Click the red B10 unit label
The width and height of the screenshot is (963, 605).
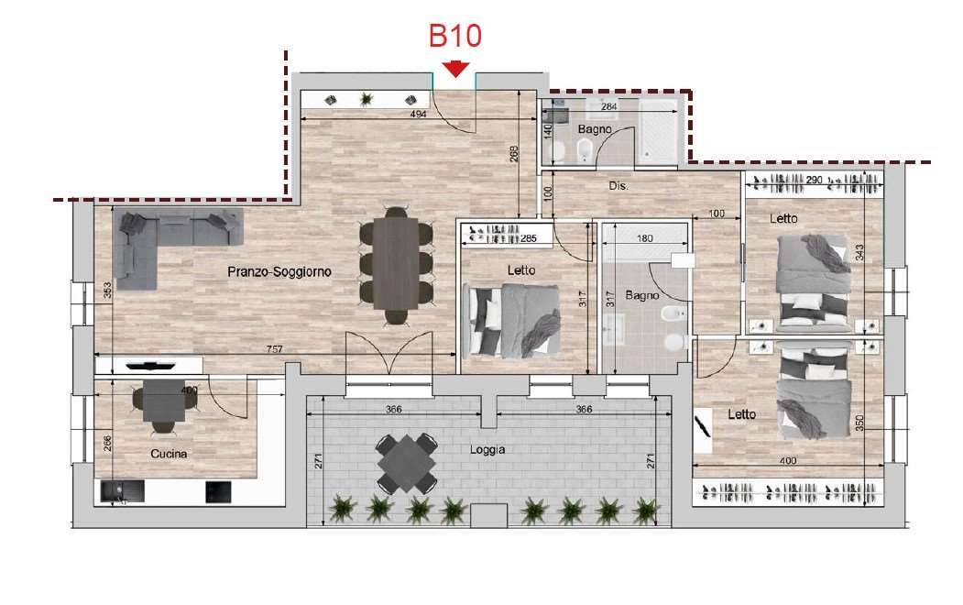454,36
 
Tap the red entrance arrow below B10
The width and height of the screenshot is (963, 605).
455,69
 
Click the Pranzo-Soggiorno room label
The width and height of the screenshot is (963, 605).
279,271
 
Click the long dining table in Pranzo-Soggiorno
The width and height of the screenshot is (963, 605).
396,264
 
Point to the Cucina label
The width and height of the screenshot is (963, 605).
169,454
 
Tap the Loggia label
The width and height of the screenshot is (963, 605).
487,449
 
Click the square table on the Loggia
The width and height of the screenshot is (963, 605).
407,463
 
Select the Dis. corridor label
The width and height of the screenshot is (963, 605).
618,185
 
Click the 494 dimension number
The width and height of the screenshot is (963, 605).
418,114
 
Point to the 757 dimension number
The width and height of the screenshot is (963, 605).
275,349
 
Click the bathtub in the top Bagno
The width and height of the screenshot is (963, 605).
658,131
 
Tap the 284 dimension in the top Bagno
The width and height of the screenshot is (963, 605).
608,106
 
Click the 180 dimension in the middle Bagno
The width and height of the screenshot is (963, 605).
645,238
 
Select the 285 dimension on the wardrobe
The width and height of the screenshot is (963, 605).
529,238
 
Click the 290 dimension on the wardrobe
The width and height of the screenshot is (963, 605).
814,180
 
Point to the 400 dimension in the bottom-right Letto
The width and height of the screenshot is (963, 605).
788,460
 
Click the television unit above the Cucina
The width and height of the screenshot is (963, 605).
150,366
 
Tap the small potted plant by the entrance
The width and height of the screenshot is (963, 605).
367,98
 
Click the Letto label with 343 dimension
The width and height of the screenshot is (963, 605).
783,219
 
